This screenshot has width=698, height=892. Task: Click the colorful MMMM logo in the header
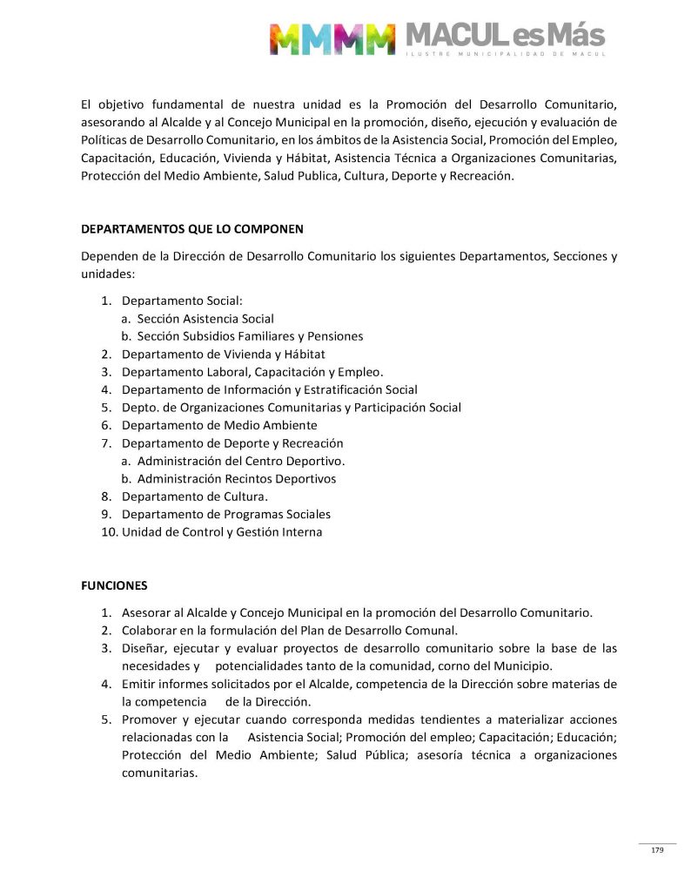[332, 38]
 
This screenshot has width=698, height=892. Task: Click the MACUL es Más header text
[505, 37]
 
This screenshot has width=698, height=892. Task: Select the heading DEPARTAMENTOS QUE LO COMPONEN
[192, 230]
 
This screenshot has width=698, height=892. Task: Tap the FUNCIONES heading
[114, 585]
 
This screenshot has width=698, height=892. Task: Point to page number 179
[657, 850]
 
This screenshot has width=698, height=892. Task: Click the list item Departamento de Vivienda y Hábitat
[223, 355]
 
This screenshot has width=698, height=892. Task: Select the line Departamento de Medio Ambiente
[219, 425]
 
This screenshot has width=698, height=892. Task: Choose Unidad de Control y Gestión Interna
[222, 532]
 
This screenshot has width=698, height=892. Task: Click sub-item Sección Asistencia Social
[205, 319]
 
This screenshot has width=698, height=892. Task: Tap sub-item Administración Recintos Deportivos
[237, 479]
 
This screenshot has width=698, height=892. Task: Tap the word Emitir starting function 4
[138, 684]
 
